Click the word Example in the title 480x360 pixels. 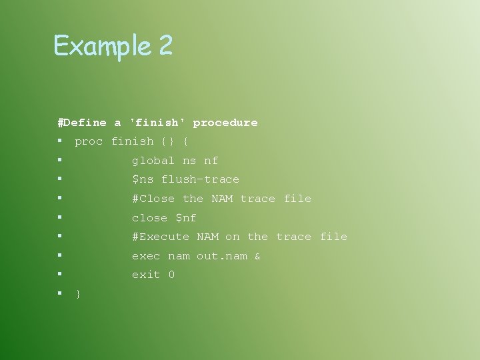click(x=102, y=46)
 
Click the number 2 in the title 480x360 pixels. click(x=165, y=46)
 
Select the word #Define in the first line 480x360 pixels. click(x=82, y=123)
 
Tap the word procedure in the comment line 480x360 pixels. click(x=225, y=123)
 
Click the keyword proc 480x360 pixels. click(x=89, y=141)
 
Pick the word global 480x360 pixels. click(x=153, y=161)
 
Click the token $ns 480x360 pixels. click(x=143, y=179)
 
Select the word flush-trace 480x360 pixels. click(x=200, y=179)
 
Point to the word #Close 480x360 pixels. click(x=153, y=199)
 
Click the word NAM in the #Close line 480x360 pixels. click(x=222, y=199)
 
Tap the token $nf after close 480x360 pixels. click(x=186, y=218)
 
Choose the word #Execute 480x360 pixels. click(x=161, y=237)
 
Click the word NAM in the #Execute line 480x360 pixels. click(x=207, y=237)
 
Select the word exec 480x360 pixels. click(x=146, y=256)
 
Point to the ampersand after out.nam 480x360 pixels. click(x=258, y=256)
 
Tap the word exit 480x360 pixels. click(x=146, y=275)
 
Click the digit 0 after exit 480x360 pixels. click(x=171, y=275)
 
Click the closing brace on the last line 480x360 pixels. click(x=79, y=294)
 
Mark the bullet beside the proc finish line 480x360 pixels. click(x=60, y=141)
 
